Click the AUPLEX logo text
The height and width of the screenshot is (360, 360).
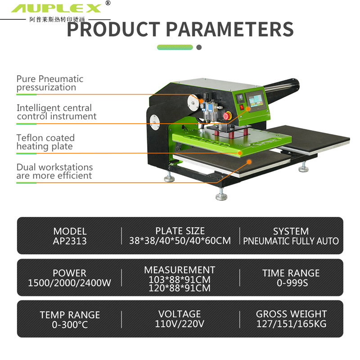(x=56, y=9)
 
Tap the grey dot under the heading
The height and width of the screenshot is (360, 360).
(x=199, y=47)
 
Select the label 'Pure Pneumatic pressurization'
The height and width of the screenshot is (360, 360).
(x=50, y=83)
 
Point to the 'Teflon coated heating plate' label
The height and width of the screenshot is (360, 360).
(x=45, y=142)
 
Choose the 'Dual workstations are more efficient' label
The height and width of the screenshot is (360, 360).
(x=54, y=171)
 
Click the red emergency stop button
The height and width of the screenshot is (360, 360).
(x=226, y=116)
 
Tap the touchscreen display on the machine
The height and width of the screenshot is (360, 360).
(x=256, y=100)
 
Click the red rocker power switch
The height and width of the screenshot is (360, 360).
(x=242, y=107)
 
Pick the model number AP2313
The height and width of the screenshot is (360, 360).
(x=70, y=241)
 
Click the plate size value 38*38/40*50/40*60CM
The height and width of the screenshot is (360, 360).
(x=180, y=241)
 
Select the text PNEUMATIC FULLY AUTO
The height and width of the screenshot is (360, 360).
(x=291, y=241)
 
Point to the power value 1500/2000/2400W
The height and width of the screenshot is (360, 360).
(x=69, y=283)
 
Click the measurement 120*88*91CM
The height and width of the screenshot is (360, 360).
(x=180, y=288)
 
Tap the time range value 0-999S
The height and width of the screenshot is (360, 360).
(x=292, y=283)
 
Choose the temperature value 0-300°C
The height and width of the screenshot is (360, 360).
(x=70, y=324)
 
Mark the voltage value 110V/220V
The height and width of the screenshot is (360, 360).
(x=180, y=324)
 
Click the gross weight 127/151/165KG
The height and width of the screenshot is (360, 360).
(x=291, y=324)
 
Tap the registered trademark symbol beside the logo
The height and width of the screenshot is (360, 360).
(x=108, y=3)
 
